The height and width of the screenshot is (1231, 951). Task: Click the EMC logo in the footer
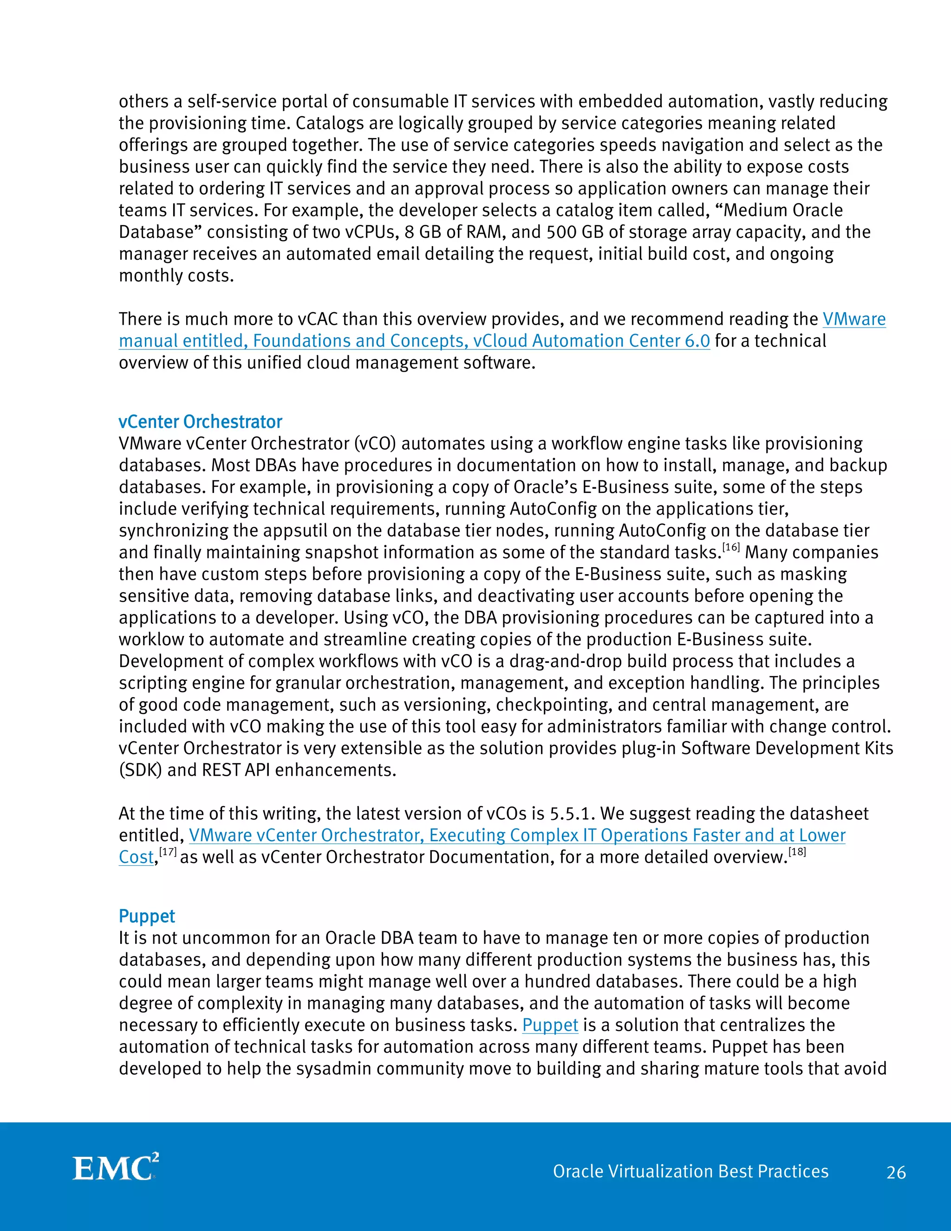pyautogui.click(x=116, y=1168)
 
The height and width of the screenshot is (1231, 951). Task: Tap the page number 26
pyautogui.click(x=896, y=1172)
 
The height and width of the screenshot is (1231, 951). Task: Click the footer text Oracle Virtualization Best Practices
pyautogui.click(x=690, y=1171)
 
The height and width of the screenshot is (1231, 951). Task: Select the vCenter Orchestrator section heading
pyautogui.click(x=200, y=422)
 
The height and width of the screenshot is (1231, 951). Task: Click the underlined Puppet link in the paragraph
pyautogui.click(x=550, y=1025)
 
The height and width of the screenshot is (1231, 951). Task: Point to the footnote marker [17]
pyautogui.click(x=168, y=852)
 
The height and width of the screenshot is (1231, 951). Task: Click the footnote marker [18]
pyautogui.click(x=797, y=852)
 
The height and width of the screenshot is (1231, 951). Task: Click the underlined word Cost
pyautogui.click(x=136, y=858)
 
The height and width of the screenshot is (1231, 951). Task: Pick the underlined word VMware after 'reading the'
pyautogui.click(x=854, y=320)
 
